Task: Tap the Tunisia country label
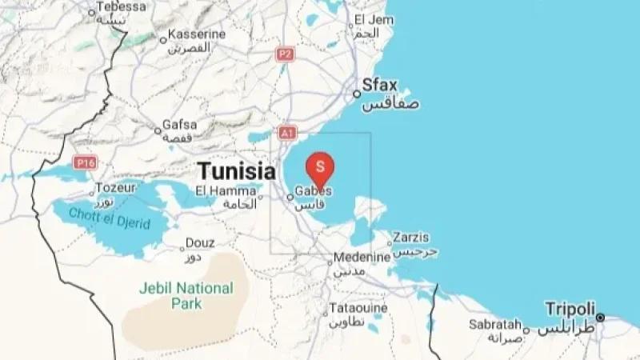click(236, 170)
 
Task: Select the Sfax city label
click(380, 84)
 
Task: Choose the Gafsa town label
click(179, 125)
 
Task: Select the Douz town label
click(199, 242)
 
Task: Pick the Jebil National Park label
click(186, 295)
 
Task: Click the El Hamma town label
click(218, 190)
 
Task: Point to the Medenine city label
click(362, 258)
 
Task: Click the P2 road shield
click(284, 54)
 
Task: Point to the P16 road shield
click(85, 162)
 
